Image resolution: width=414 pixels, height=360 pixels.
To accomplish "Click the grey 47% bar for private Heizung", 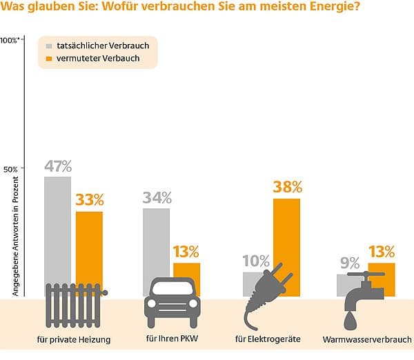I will click(58, 228).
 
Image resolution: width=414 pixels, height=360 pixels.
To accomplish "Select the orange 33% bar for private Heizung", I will click(89, 245).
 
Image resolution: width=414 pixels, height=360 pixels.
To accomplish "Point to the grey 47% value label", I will click(58, 166).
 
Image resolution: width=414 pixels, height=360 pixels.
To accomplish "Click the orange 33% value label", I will click(90, 201).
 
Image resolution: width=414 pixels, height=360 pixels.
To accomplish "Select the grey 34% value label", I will click(157, 197).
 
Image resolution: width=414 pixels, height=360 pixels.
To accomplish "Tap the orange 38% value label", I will click(288, 187).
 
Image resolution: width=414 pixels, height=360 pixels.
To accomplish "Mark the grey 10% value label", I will click(256, 261).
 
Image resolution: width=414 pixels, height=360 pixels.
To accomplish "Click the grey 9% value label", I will click(350, 263).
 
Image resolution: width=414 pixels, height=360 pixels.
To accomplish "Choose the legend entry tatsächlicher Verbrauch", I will click(102, 46).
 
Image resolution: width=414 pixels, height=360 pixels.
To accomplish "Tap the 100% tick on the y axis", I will click(12, 40).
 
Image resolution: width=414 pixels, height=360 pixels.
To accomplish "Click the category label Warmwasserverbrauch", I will click(367, 340).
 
